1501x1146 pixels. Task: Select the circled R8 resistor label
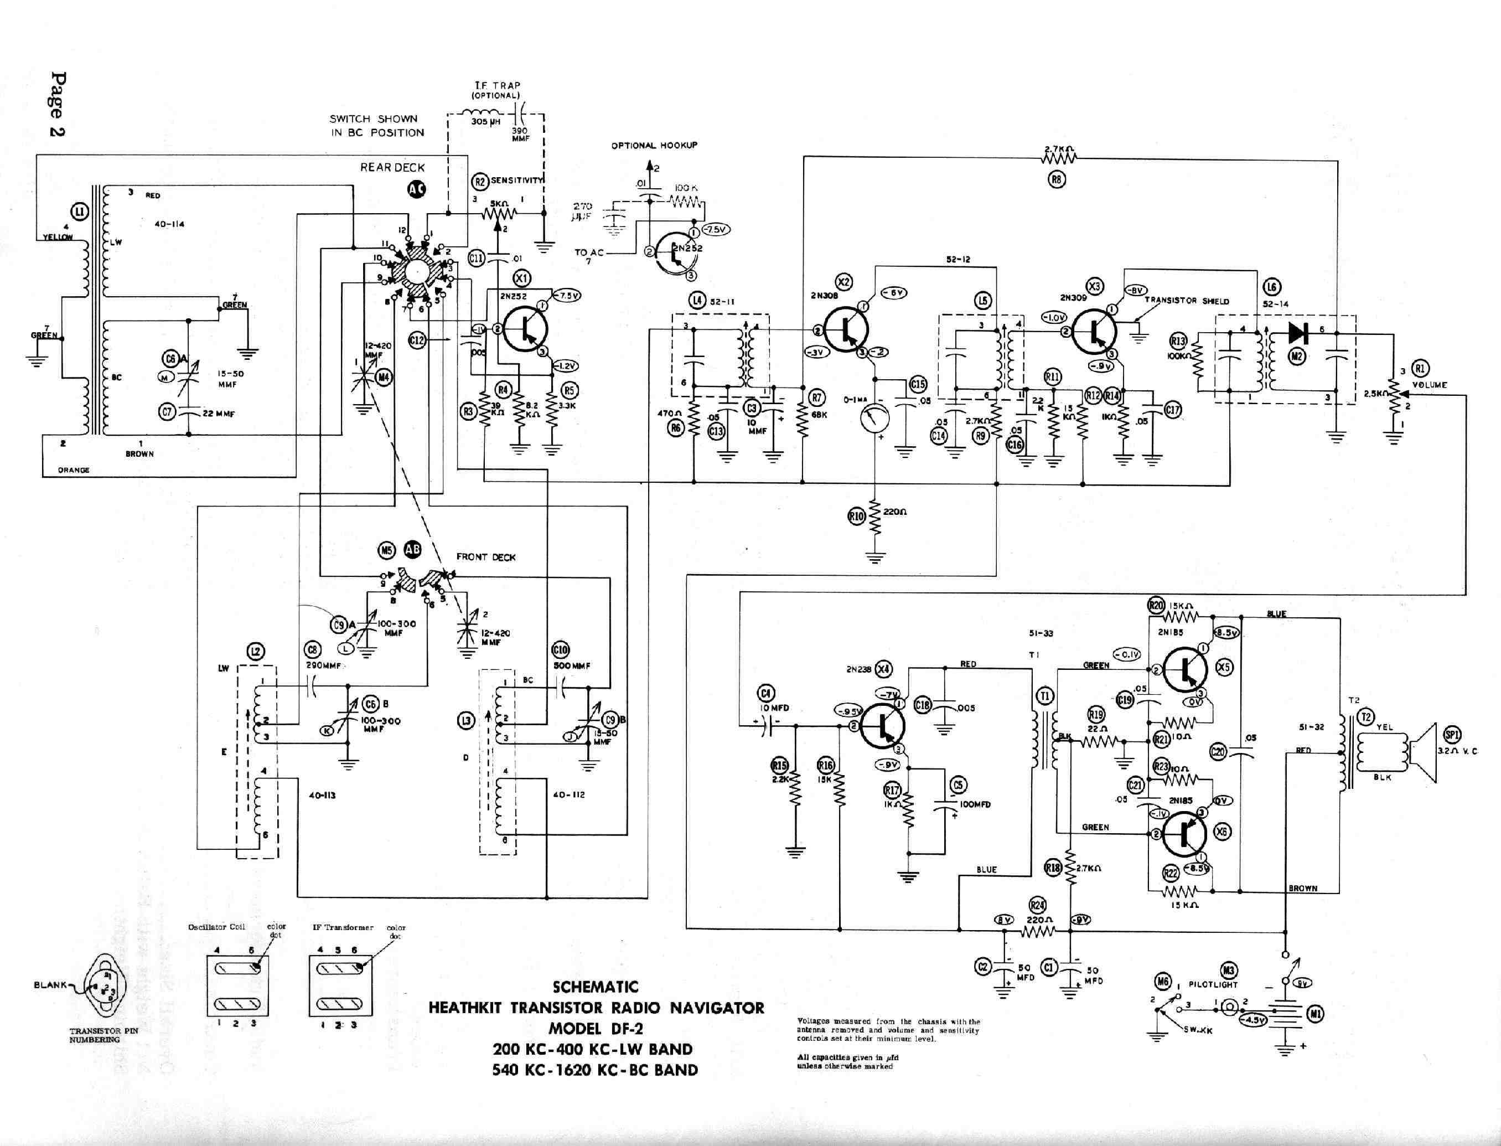point(1057,180)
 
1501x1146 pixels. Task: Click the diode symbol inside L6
point(1297,332)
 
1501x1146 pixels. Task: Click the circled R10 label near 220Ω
point(857,517)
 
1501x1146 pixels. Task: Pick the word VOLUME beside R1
point(1430,385)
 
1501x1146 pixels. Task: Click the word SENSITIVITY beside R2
point(517,181)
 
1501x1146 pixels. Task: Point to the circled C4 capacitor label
point(767,694)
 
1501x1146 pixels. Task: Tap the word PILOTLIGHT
point(1213,984)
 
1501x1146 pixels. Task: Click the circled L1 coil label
point(80,212)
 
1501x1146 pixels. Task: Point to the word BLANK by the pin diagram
point(50,985)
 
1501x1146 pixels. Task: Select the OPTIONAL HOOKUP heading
point(654,145)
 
